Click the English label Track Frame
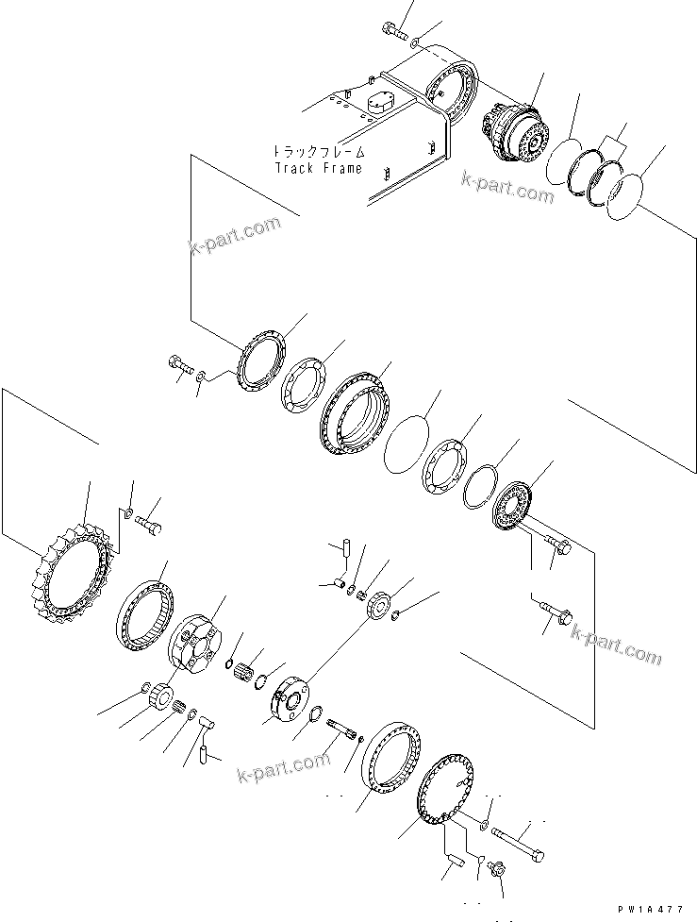pos(318,168)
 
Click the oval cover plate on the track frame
pos(378,105)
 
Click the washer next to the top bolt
pos(418,42)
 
